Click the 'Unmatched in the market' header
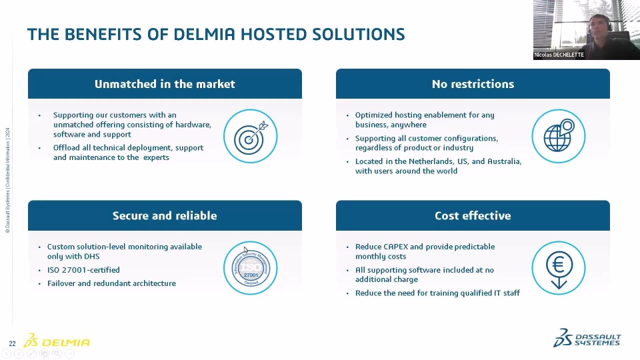coord(165,84)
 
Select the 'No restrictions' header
coord(473,84)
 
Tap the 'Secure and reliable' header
coord(165,215)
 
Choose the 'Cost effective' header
coord(473,215)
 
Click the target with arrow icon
coord(250,136)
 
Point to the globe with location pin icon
coord(559,136)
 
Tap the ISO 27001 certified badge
coord(250,268)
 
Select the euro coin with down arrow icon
coord(559,268)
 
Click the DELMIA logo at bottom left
coord(57,341)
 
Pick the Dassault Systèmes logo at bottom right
coord(587,339)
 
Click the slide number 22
coord(12,343)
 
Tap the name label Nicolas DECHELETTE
coord(559,55)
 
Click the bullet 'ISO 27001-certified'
coord(83,270)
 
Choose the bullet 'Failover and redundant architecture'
coord(111,283)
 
